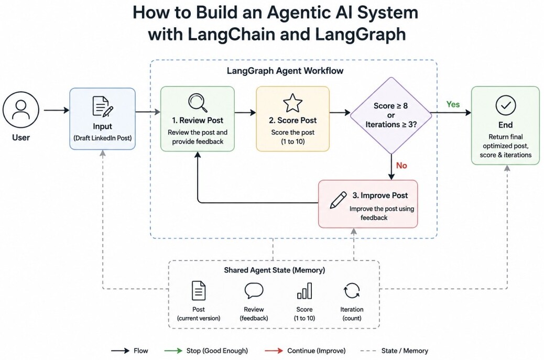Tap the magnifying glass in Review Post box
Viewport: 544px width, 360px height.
[198, 103]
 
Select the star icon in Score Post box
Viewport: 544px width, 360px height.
[293, 103]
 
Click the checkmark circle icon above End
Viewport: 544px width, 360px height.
[506, 105]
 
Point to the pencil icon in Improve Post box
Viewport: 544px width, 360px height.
[338, 200]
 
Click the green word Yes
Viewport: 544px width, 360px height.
[453, 104]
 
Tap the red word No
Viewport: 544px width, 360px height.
[401, 166]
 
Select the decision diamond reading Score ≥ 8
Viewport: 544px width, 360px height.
[391, 115]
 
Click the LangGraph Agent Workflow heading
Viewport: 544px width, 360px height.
[285, 71]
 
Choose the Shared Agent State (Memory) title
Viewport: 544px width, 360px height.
[275, 270]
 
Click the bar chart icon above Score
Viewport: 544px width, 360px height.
[304, 291]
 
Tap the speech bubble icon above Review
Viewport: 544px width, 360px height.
[254, 291]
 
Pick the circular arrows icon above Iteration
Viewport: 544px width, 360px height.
[352, 291]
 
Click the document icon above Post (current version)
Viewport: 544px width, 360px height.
[199, 291]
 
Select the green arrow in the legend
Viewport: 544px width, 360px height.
[173, 351]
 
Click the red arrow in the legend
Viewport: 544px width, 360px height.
[274, 351]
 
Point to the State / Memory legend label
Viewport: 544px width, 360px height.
[405, 351]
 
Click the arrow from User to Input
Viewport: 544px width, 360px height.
[57, 110]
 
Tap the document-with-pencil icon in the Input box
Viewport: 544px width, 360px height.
[103, 106]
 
